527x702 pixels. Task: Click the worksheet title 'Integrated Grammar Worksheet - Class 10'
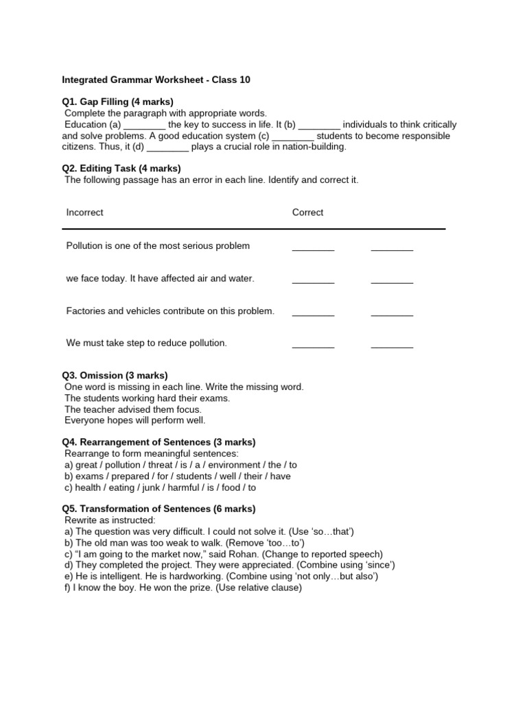[x=156, y=80]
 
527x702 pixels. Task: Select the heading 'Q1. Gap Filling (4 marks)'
[x=117, y=102]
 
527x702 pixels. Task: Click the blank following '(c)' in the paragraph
[x=292, y=136]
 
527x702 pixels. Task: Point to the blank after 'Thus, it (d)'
[x=167, y=147]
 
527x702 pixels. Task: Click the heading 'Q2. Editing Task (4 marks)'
[x=121, y=169]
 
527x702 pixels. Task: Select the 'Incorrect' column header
[x=84, y=213]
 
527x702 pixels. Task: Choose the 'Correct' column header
[x=307, y=213]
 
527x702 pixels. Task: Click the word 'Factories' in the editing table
[x=85, y=311]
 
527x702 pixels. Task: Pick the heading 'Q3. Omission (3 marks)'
[x=115, y=376]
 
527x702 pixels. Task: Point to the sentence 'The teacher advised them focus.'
[x=133, y=409]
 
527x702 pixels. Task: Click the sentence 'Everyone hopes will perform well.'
[x=135, y=420]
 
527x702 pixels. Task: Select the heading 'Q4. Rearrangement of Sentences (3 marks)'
[x=159, y=442]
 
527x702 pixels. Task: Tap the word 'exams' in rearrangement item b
[x=87, y=476]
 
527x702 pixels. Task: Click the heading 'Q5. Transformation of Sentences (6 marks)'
[x=159, y=509]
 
